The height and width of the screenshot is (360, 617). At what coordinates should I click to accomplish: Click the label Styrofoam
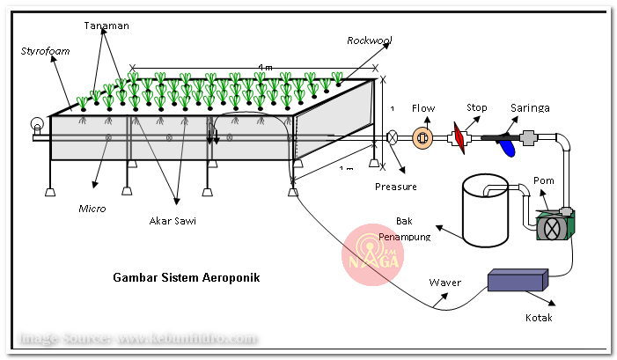pyautogui.click(x=45, y=51)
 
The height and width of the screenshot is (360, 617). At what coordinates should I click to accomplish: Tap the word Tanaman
pyautogui.click(x=107, y=26)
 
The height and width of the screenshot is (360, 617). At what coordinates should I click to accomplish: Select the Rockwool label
pyautogui.click(x=370, y=40)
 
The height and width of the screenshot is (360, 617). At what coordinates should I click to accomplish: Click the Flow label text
pyautogui.click(x=423, y=108)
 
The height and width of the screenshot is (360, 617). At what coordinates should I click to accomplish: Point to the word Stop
pyautogui.click(x=476, y=108)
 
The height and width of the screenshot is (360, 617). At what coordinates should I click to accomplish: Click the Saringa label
pyautogui.click(x=530, y=108)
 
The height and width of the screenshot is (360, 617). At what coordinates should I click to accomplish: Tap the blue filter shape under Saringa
pyautogui.click(x=508, y=146)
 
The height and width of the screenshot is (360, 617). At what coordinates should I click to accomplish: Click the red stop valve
pyautogui.click(x=458, y=139)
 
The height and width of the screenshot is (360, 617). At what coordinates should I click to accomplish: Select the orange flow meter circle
pyautogui.click(x=422, y=138)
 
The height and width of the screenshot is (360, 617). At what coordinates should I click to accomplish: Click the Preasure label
pyautogui.click(x=395, y=187)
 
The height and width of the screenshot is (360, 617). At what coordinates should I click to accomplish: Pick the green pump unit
pyautogui.click(x=555, y=224)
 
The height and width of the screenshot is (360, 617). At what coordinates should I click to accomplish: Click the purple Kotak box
pyautogui.click(x=518, y=280)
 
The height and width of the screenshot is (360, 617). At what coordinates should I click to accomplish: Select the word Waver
pyautogui.click(x=444, y=283)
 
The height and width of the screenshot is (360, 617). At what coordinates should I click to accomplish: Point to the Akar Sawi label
pyautogui.click(x=172, y=221)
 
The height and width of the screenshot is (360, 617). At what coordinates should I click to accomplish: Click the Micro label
pyautogui.click(x=92, y=209)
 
